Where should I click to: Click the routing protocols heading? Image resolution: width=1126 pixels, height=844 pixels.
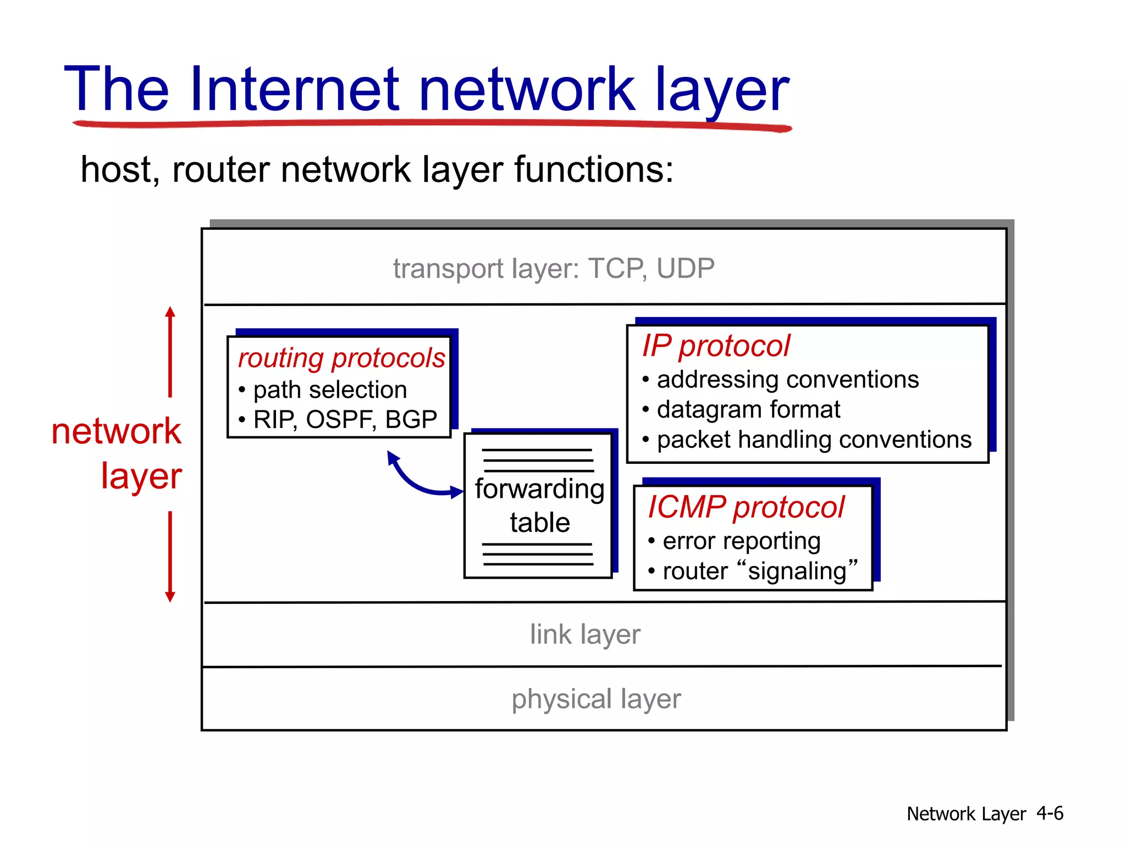point(341,358)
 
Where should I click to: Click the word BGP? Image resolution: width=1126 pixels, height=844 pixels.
point(411,420)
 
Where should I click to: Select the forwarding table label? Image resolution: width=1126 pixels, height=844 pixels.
point(539,505)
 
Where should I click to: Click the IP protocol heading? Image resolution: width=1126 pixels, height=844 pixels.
point(715,346)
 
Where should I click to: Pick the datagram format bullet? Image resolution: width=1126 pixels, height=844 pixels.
point(748,410)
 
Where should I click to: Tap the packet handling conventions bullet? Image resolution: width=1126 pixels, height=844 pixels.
point(814,440)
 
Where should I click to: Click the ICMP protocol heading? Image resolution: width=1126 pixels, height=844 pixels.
point(746,507)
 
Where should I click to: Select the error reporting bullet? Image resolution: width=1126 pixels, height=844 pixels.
point(741,541)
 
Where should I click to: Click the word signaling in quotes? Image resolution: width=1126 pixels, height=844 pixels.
point(797,571)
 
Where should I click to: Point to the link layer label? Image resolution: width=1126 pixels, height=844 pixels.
point(585,635)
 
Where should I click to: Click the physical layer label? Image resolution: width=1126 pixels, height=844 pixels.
point(596,699)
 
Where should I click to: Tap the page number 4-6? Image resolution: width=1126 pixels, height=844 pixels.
point(1050,813)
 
